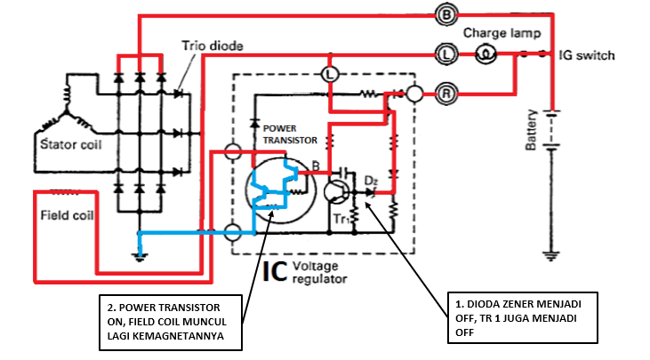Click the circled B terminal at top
tap(446, 14)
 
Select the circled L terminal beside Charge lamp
tap(446, 54)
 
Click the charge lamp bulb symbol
tap(486, 54)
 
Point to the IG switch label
tap(586, 55)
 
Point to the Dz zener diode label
tap(372, 180)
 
